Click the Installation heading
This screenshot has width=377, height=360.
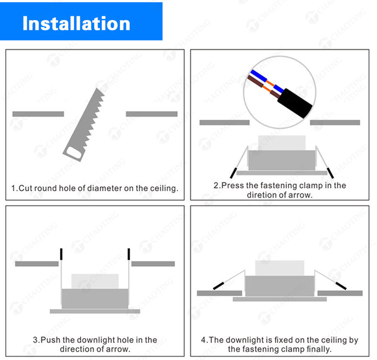point(76,23)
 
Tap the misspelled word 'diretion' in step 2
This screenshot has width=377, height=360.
point(262,195)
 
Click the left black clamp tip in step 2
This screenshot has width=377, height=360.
point(233,173)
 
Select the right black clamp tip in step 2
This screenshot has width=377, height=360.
point(331,172)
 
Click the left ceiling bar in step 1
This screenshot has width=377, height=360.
point(38,114)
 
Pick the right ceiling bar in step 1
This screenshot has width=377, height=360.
point(152,114)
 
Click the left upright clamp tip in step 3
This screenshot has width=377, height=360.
point(61,254)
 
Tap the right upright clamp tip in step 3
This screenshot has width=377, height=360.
point(129,254)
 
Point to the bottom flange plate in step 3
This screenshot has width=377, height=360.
point(95,311)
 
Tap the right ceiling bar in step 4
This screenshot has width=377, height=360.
point(340,293)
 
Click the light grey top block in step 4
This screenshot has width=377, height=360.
point(280,268)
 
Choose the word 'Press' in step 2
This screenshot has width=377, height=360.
point(232,186)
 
